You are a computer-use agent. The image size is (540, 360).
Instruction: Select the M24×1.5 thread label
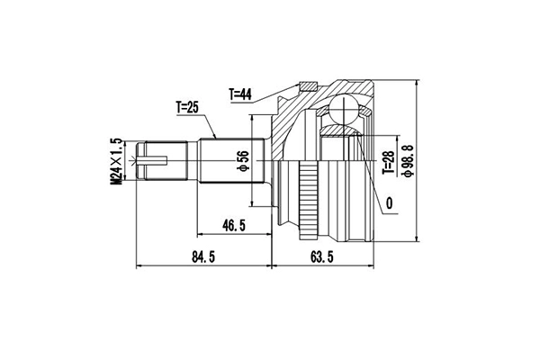116,162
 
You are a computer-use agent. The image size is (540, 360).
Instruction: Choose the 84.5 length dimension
203,259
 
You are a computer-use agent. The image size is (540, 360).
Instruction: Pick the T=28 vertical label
387,161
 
